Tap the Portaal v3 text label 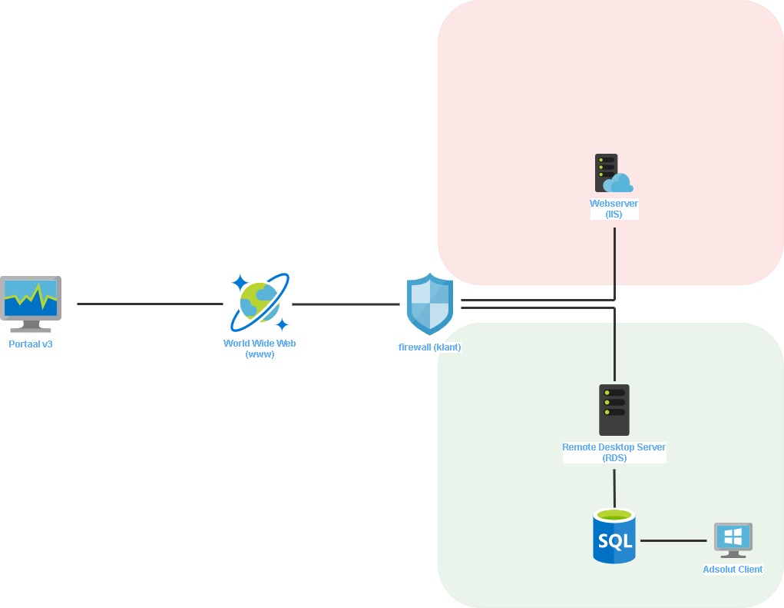click(31, 344)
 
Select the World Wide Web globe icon click(260, 302)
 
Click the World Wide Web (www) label click(260, 348)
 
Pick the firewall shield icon click(430, 303)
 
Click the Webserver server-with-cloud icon click(613, 174)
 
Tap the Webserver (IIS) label click(614, 209)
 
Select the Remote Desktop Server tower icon click(614, 410)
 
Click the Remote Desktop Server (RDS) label click(614, 452)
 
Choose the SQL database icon click(614, 536)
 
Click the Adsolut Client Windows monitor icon click(733, 540)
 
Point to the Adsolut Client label click(733, 570)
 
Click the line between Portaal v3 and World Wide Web click(150, 304)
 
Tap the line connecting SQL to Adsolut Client click(673, 540)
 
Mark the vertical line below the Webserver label click(614, 257)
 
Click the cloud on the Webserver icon click(619, 184)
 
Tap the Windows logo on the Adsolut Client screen click(733, 536)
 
